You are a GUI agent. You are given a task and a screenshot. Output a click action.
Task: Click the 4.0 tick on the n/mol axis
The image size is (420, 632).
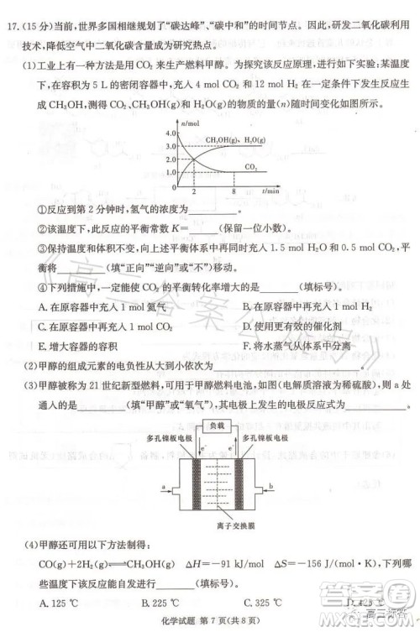pos(171,133)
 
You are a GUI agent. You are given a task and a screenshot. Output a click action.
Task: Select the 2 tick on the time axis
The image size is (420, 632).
pos(194,192)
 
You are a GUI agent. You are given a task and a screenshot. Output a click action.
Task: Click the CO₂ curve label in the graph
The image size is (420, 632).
pos(251,167)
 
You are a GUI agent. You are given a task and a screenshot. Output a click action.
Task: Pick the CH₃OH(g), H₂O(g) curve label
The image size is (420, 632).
pos(232,139)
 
